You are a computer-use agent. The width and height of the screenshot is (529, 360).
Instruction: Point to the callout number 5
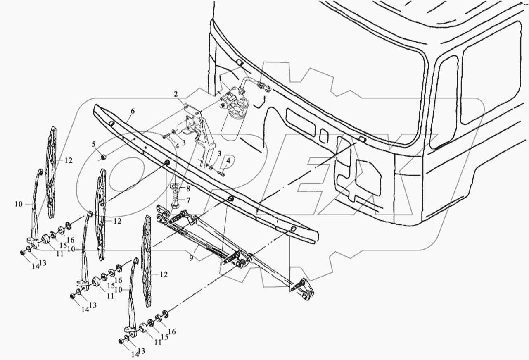94,144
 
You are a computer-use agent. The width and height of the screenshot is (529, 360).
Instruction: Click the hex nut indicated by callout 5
104,157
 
